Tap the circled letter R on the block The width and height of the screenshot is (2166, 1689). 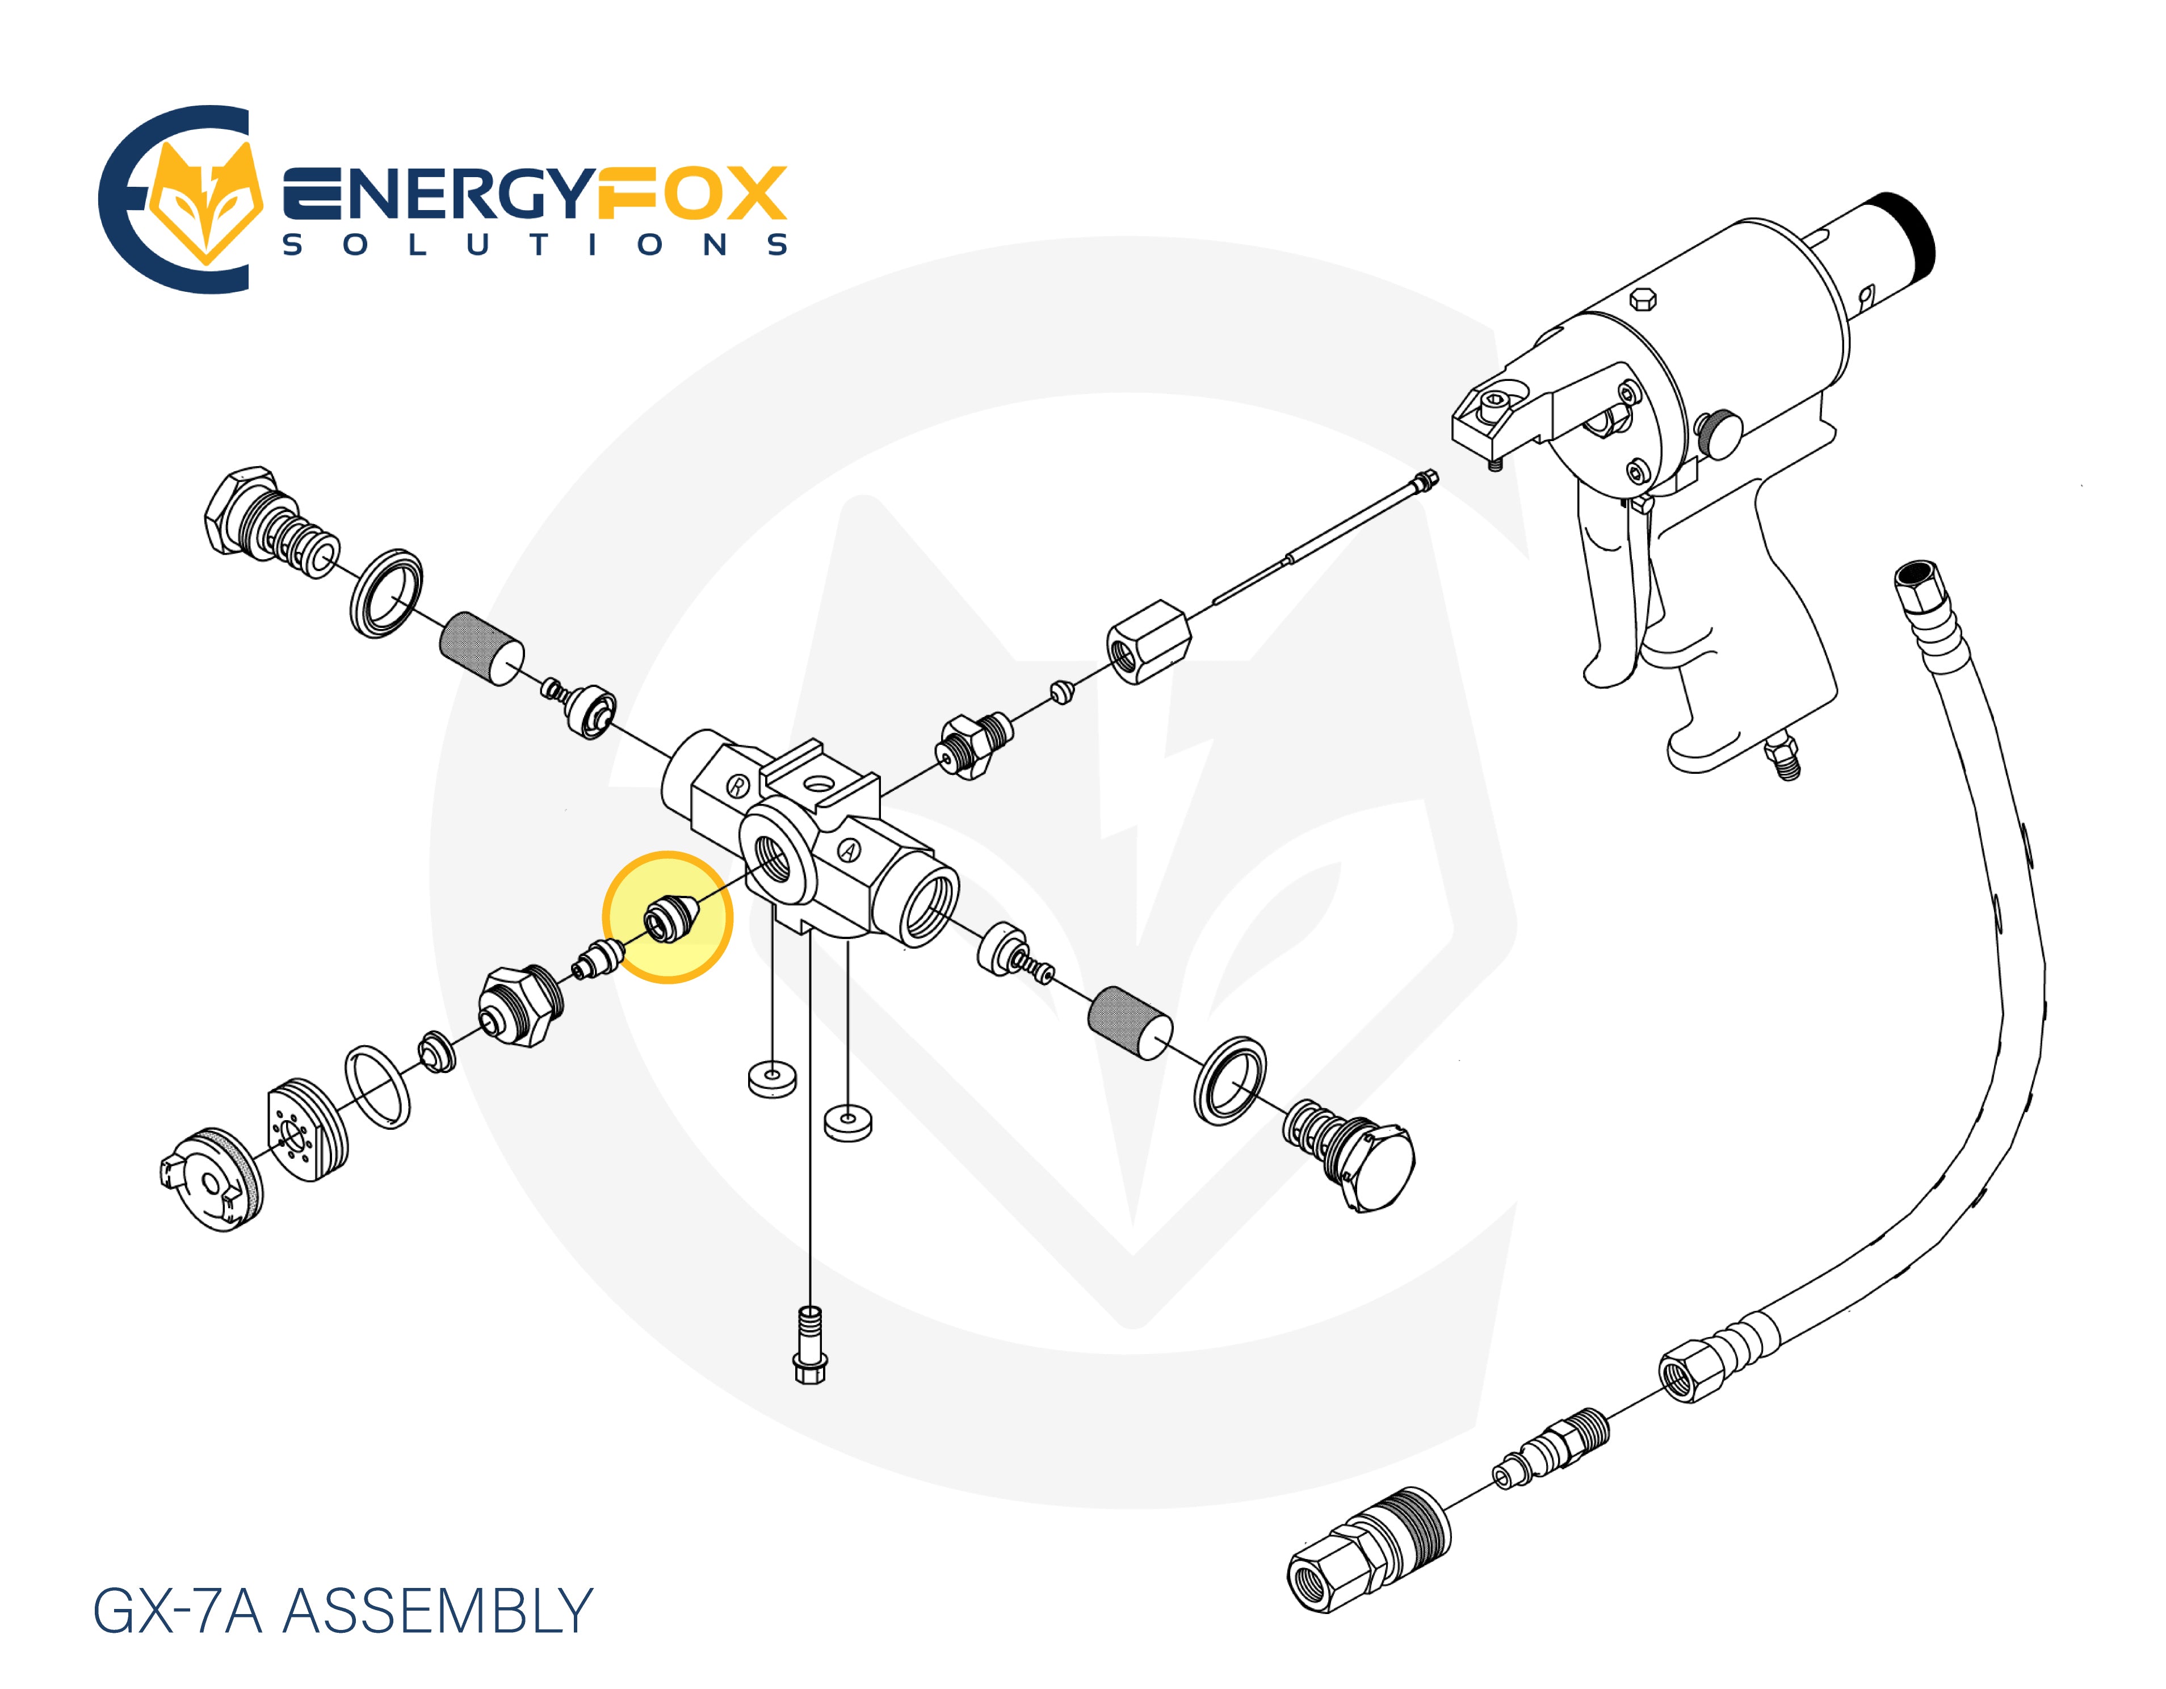point(737,786)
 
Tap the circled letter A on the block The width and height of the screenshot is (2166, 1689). point(849,850)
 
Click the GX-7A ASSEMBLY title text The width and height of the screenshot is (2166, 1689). point(342,1611)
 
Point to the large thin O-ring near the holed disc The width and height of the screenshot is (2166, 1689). point(378,1086)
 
